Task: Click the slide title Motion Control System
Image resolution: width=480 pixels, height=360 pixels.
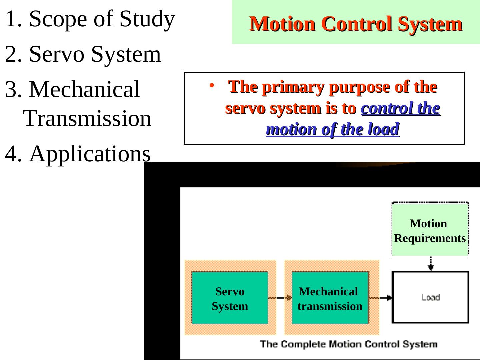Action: coord(356,24)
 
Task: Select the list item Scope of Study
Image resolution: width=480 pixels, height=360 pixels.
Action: coord(90,19)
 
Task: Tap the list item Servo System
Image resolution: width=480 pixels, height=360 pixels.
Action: coord(83,54)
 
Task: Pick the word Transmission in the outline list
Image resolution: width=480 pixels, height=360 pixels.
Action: coord(88,118)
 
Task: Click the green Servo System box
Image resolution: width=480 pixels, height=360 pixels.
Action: coord(230,298)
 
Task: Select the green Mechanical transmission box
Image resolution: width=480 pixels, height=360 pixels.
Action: coord(330,298)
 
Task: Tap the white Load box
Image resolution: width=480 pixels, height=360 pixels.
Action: coord(430,297)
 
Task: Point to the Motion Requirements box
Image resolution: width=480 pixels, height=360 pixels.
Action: coord(430,230)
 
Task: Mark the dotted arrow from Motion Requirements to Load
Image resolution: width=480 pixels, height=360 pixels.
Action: coord(431,264)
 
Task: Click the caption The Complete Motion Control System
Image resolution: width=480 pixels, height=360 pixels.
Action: coord(348,344)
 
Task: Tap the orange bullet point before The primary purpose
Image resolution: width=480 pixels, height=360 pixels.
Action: coord(211,86)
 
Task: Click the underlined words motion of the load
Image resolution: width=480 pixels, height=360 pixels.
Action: coord(333,129)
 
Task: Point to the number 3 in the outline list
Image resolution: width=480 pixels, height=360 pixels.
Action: coord(11,89)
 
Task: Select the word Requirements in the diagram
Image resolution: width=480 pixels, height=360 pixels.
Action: coord(430,238)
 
